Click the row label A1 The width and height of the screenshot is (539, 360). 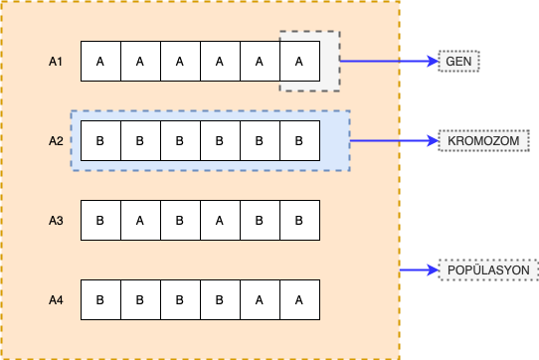[57, 62]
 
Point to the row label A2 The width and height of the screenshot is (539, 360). [57, 141]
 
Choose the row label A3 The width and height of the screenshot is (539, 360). [57, 220]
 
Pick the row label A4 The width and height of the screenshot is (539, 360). [57, 299]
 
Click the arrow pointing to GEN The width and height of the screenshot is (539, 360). [389, 62]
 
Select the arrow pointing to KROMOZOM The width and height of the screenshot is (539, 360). [395, 141]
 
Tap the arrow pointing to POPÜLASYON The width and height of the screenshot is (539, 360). [419, 270]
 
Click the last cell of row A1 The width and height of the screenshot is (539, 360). [298, 62]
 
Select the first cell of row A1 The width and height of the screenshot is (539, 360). [99, 62]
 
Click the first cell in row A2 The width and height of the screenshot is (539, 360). [99, 141]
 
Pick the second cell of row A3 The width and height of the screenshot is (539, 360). [139, 220]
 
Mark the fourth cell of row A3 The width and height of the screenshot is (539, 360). [219, 220]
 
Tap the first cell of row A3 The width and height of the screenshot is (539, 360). [99, 220]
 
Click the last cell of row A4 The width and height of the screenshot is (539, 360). [298, 299]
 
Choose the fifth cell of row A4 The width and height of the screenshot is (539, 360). [259, 299]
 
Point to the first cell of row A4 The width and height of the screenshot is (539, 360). [99, 299]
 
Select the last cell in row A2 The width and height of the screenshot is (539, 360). [298, 141]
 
